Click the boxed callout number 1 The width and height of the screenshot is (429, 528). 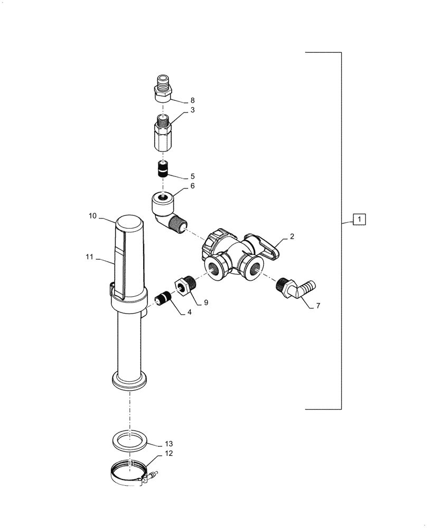pyautogui.click(x=359, y=219)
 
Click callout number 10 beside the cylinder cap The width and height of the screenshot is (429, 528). pyautogui.click(x=92, y=216)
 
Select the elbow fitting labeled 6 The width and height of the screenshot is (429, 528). pyautogui.click(x=166, y=209)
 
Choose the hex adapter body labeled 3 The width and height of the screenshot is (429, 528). pyautogui.click(x=162, y=134)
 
